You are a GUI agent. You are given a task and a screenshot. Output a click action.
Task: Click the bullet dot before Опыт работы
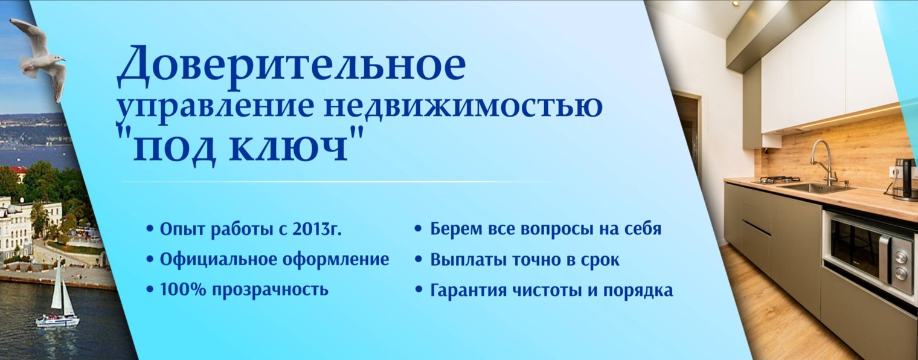pos(150,230)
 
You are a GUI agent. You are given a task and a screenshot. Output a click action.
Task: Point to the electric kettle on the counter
pos(904,179)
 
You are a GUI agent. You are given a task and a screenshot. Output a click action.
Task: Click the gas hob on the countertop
pos(780,180)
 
